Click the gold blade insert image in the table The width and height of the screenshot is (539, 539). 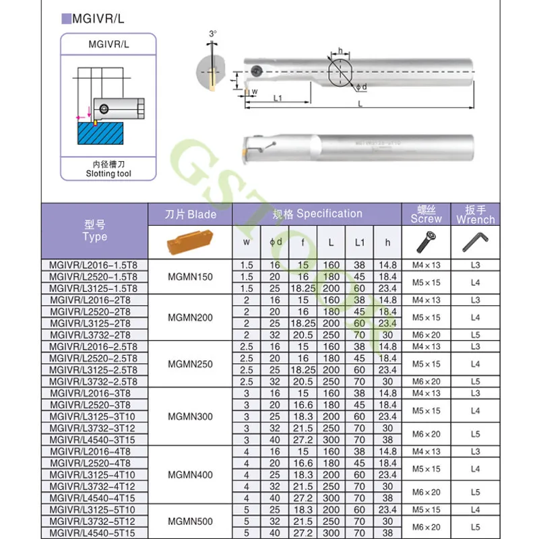point(190,241)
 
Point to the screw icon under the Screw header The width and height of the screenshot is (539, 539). point(426,241)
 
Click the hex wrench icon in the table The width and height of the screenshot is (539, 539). point(475,241)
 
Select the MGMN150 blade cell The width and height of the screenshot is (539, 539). point(190,277)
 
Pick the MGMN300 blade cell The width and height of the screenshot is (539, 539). point(190,416)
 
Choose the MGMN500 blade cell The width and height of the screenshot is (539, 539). point(190,521)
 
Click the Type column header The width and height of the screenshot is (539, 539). point(94,230)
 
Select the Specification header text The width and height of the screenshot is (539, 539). point(317,214)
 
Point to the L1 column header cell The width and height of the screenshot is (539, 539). point(359,241)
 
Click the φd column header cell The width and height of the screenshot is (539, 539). point(276,241)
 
